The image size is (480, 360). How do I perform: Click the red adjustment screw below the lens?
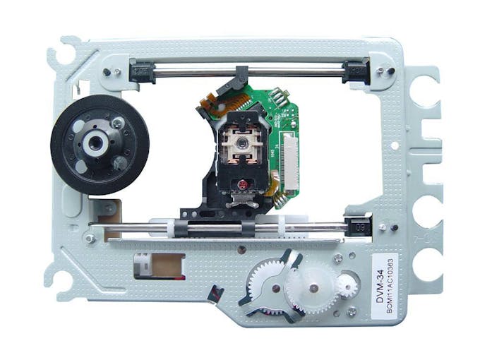click(241, 184)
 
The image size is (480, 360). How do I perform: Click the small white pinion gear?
click(347, 286)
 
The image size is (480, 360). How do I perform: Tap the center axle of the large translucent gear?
click(311, 285)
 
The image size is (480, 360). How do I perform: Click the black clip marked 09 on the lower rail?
click(359, 227)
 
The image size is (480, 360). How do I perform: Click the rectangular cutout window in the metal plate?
click(158, 265)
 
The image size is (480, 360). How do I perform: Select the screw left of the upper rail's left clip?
click(107, 71)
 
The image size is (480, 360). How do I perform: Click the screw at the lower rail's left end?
click(90, 239)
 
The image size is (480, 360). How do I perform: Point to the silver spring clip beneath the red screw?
click(243, 201)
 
